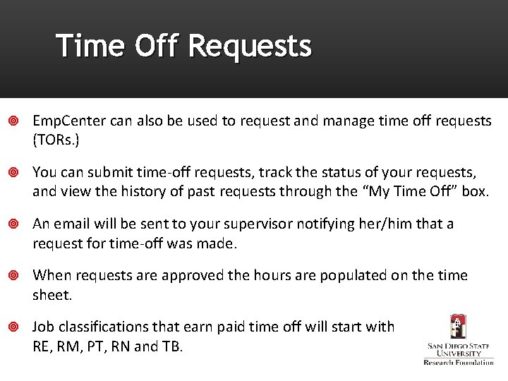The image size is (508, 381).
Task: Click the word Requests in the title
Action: point(250,46)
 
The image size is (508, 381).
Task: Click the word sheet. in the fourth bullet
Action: point(52,294)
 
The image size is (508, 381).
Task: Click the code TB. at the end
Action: point(171,346)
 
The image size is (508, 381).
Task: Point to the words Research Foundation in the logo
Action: point(459,362)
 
